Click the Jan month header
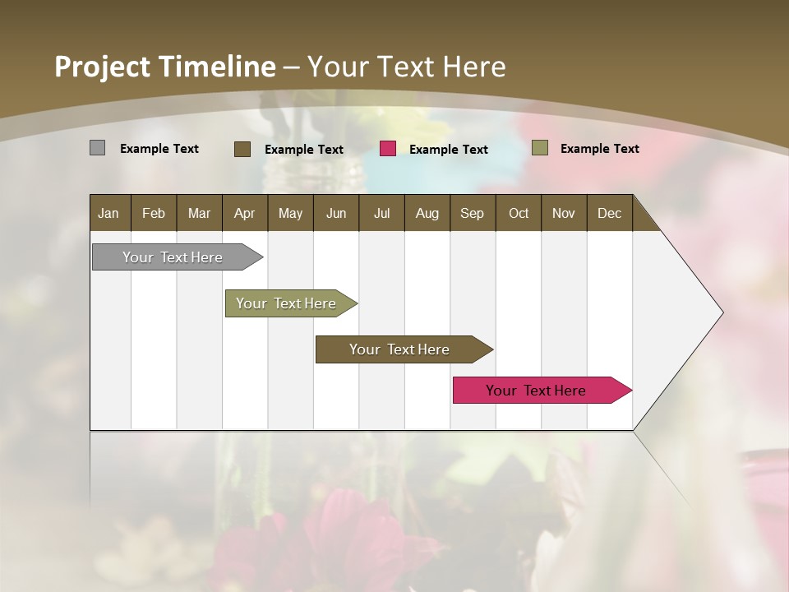click(108, 213)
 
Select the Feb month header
click(154, 213)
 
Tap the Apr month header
click(244, 213)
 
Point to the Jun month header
click(336, 213)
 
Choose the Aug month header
click(427, 213)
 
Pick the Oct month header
click(519, 213)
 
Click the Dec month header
click(609, 213)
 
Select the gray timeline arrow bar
click(173, 257)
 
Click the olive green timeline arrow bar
click(286, 303)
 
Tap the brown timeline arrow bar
click(399, 349)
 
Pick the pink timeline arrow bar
click(536, 391)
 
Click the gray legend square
click(97, 148)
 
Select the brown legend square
click(242, 149)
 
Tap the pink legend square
click(388, 149)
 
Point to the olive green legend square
click(539, 148)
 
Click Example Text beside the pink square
click(448, 150)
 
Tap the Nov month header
click(564, 213)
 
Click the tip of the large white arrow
click(721, 312)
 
